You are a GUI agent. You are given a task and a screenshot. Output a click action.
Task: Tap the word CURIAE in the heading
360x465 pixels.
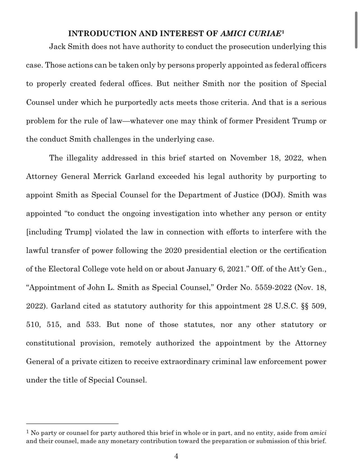coord(264,34)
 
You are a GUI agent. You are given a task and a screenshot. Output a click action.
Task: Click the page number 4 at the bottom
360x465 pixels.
coord(176,456)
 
